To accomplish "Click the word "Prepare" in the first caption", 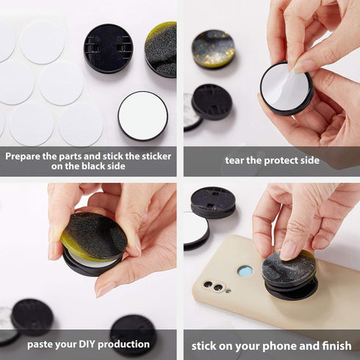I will click(x=26, y=156).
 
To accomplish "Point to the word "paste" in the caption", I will click(x=43, y=344).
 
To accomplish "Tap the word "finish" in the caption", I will click(x=334, y=345).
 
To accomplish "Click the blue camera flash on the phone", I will click(x=245, y=271).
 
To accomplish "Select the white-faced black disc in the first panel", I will click(x=143, y=115).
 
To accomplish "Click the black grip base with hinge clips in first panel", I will click(x=108, y=47).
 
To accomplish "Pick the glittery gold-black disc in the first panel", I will click(x=162, y=48).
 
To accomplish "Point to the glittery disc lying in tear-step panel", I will click(x=213, y=48).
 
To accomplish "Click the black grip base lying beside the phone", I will click(x=213, y=201).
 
